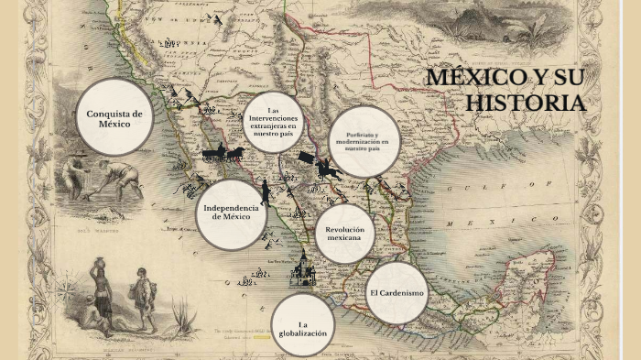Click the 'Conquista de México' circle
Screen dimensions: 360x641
pos(114,117)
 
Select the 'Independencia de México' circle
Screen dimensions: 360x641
pos(231,213)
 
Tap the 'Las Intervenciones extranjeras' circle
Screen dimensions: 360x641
pos(274,120)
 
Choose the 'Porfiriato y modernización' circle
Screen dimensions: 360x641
pos(364,142)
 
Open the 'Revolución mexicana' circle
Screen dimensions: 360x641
pos(344,233)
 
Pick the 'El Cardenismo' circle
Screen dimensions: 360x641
pos(397,293)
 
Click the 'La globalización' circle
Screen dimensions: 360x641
pos(302,325)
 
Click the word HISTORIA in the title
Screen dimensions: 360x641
pos(524,103)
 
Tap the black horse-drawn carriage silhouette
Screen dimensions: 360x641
pos(222,153)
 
